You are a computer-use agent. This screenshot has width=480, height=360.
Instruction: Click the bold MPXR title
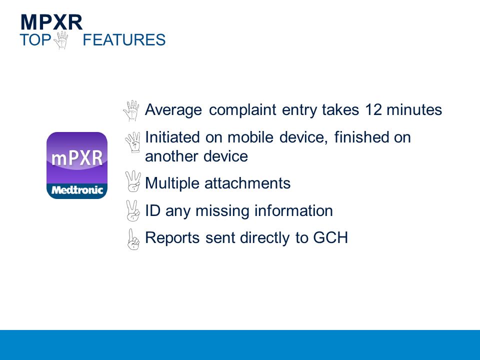(x=51, y=22)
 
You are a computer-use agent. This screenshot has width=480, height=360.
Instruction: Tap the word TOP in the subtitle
(x=35, y=40)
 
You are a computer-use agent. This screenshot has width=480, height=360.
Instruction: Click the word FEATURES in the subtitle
(x=124, y=40)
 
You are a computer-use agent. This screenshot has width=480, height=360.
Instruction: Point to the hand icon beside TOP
(x=61, y=40)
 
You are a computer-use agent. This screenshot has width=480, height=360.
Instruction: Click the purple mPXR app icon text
(x=77, y=158)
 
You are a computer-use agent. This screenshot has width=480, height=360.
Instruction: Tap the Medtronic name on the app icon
(x=77, y=190)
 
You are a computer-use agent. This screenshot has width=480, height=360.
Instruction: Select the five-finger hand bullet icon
(x=131, y=110)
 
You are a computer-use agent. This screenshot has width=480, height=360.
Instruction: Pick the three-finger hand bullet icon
(x=133, y=181)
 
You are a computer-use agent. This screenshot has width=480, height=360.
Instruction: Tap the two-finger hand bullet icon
(x=133, y=210)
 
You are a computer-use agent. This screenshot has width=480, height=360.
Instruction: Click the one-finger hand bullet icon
(x=133, y=239)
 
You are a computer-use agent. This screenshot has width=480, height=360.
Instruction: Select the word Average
(x=173, y=110)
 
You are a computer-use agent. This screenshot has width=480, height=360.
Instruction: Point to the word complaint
(x=243, y=110)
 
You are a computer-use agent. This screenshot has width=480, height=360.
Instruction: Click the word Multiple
(x=172, y=183)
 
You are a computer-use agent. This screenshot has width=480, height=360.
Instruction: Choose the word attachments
(x=247, y=183)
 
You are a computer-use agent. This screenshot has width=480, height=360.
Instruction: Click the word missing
(x=222, y=211)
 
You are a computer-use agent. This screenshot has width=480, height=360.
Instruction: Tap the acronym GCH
(x=330, y=237)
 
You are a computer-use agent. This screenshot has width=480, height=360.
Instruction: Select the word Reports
(x=172, y=238)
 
